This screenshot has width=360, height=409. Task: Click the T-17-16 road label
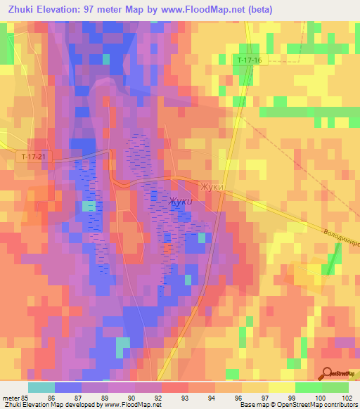[248, 61]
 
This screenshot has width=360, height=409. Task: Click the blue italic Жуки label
[180, 202]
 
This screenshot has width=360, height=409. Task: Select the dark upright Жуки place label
[211, 187]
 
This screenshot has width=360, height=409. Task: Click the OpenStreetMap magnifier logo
[328, 374]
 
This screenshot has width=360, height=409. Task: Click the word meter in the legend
[11, 397]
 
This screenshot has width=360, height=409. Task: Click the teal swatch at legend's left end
[41, 387]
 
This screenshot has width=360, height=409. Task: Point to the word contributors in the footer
[340, 405]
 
